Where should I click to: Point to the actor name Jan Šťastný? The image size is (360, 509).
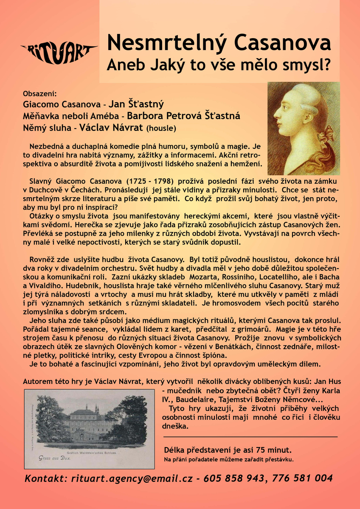coord(136,104)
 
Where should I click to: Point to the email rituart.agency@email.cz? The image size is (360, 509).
coord(130,478)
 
